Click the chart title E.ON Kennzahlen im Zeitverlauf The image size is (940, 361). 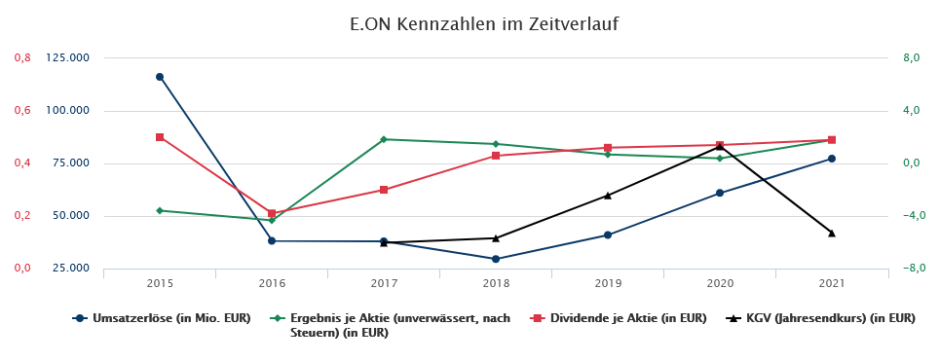tap(470, 22)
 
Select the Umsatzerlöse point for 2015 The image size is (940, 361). tap(160, 77)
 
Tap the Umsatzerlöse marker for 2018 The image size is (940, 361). tap(496, 259)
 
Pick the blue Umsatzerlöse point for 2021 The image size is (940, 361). tap(832, 159)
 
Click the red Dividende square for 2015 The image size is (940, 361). tap(160, 137)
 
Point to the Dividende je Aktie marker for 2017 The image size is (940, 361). tap(384, 190)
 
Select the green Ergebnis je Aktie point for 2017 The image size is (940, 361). tap(384, 139)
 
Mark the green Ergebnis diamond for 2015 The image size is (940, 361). tap(160, 210)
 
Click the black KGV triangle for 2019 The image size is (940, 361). tap(608, 196)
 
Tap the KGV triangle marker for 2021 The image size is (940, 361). tap(832, 234)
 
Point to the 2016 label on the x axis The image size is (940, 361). tap(272, 284)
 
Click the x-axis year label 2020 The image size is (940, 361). tap(720, 284)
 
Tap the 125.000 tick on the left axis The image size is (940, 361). tap(68, 58)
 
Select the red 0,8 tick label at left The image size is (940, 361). tap(21, 58)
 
